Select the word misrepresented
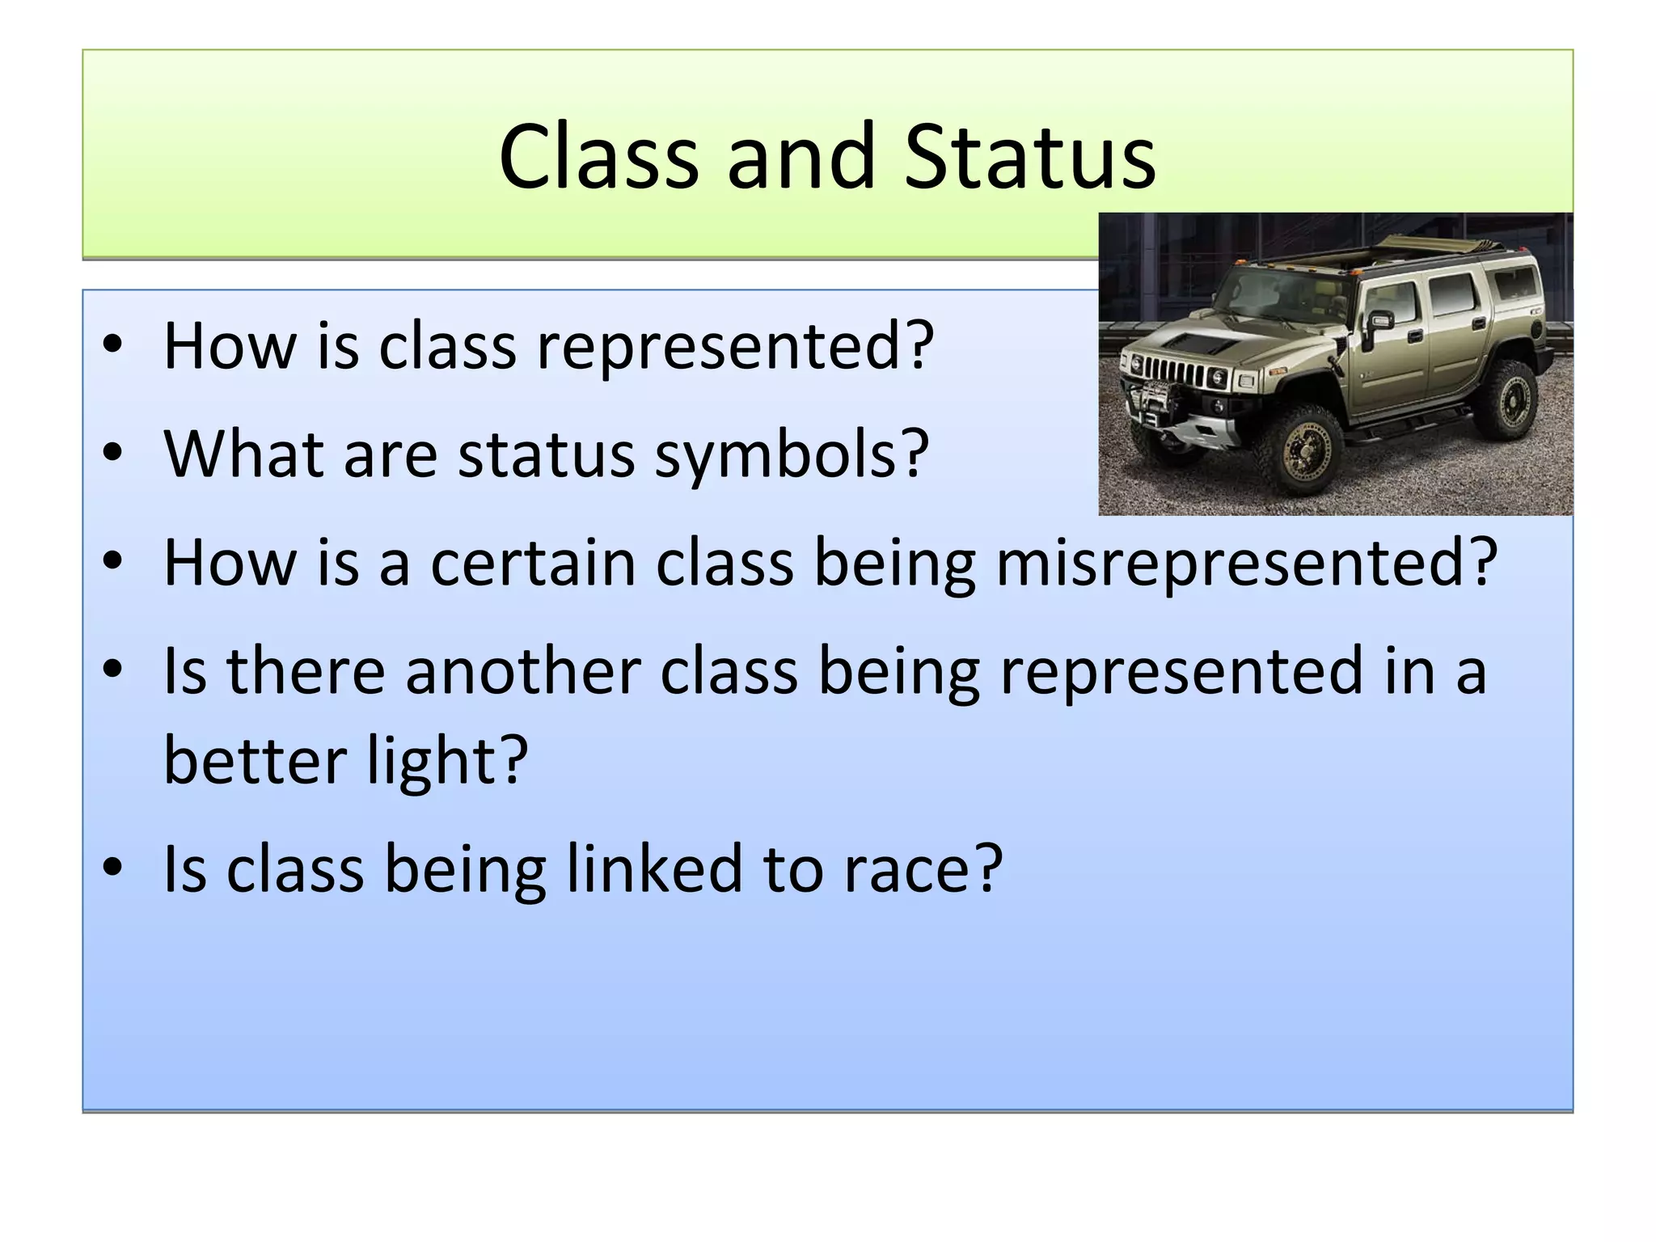click(x=1247, y=563)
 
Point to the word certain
click(x=533, y=563)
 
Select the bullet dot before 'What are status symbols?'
click(x=112, y=453)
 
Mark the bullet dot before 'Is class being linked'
click(x=112, y=868)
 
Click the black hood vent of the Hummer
click(x=1202, y=343)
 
